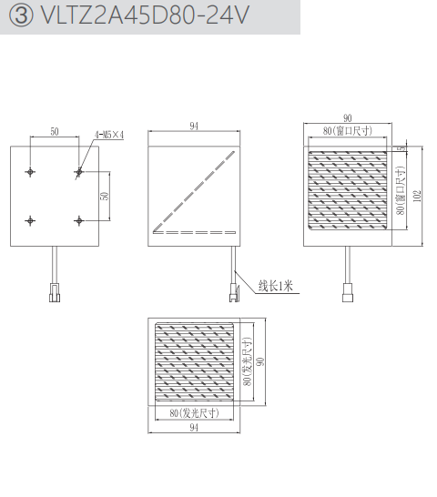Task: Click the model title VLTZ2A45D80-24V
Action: click(146, 15)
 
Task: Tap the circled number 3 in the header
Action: click(21, 15)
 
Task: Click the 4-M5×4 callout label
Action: click(109, 135)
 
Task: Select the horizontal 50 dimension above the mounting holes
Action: click(55, 132)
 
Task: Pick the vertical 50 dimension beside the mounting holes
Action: click(105, 196)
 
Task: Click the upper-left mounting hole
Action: click(30, 172)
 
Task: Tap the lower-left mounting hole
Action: click(30, 220)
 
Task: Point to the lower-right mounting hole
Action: click(78, 220)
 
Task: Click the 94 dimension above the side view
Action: click(194, 127)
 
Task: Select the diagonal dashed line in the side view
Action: click(194, 191)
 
